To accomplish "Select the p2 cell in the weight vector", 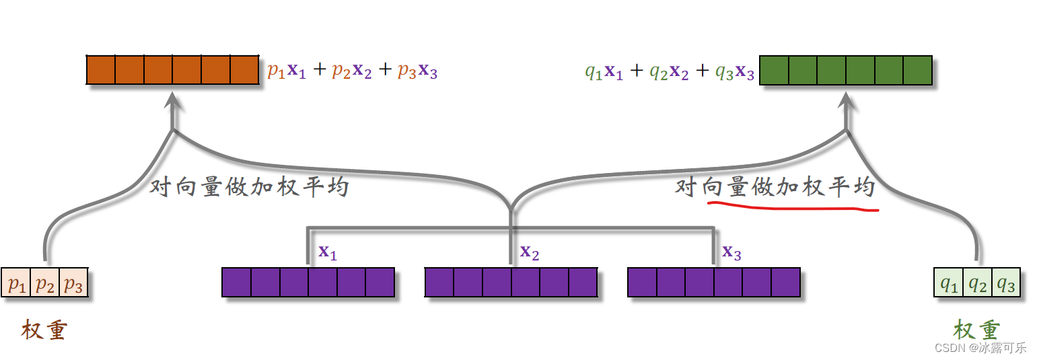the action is click(x=45, y=284).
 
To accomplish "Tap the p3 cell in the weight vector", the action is click(x=73, y=284).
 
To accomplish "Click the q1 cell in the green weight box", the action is click(x=949, y=284).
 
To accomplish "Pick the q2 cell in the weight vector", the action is click(x=977, y=284).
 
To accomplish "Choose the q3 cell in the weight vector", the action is click(x=1005, y=284).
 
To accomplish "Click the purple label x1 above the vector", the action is click(x=328, y=252).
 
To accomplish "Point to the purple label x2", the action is click(x=530, y=252).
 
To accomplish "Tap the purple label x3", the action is click(x=732, y=252).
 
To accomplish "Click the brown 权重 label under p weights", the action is click(x=44, y=330).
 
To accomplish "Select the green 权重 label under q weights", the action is click(x=976, y=330).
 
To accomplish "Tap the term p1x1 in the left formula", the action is click(x=287, y=71).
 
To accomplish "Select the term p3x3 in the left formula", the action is click(x=417, y=71).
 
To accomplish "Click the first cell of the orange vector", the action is click(x=101, y=70).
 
